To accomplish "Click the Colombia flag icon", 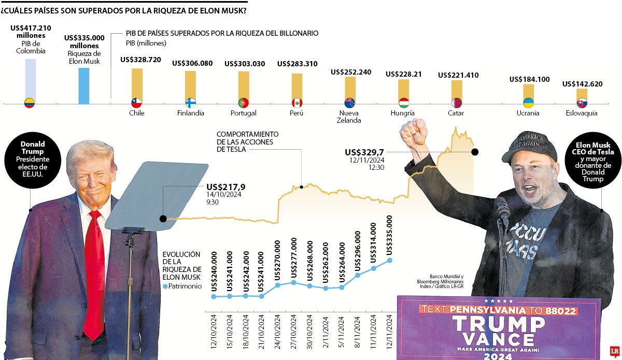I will click(30, 103).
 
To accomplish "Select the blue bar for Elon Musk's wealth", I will click(83, 85).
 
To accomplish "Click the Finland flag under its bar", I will click(191, 103).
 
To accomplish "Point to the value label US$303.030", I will click(245, 64).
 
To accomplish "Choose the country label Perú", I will click(297, 113).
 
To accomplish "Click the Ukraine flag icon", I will click(528, 103).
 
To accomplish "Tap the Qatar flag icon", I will click(456, 103).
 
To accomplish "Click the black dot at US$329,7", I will click(474, 152).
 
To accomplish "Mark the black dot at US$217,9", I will click(163, 219).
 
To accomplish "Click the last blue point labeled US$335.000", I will click(390, 261).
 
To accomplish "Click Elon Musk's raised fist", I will click(413, 132).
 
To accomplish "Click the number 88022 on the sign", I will click(556, 310).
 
